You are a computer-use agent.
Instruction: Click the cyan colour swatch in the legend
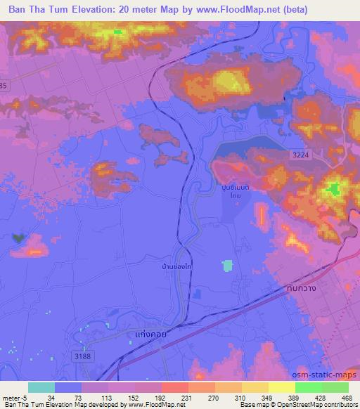pos(41,387)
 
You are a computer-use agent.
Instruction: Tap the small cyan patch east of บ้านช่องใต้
pos(226,266)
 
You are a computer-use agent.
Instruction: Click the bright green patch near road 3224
pos(334,188)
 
